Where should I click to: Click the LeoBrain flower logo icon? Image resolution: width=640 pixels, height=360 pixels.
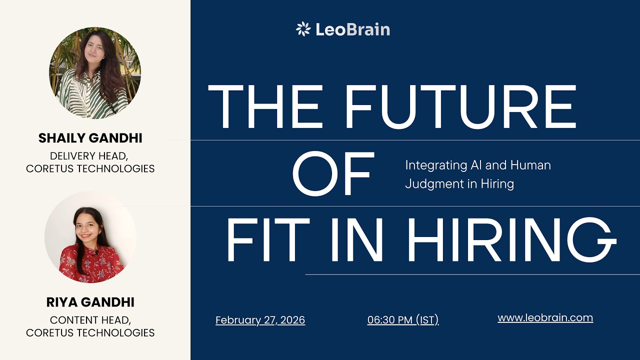point(303,29)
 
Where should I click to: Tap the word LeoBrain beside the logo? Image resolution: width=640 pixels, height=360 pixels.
point(352,29)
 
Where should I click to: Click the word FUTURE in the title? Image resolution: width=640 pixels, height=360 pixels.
point(460,106)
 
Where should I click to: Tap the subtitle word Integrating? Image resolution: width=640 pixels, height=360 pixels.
point(433,165)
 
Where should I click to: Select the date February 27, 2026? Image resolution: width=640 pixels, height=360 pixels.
point(260,320)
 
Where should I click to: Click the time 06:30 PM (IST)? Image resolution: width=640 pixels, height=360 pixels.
point(403,320)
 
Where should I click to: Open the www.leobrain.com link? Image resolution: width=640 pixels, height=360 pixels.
point(545,317)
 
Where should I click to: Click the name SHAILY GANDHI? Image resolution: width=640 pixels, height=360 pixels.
point(90,138)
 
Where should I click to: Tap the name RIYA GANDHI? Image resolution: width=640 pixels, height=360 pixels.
point(90,302)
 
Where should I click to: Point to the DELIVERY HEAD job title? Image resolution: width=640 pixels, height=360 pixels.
point(90,156)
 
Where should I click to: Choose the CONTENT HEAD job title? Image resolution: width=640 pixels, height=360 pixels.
point(90,320)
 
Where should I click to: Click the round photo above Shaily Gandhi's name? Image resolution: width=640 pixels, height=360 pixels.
point(95,73)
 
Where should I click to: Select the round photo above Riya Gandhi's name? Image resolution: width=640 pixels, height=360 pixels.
point(90,237)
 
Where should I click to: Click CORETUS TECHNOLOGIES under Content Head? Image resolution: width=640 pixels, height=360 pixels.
point(90,332)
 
